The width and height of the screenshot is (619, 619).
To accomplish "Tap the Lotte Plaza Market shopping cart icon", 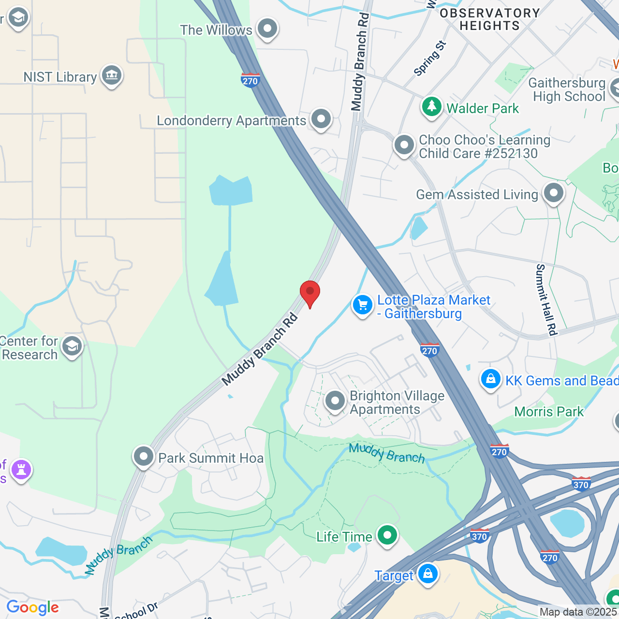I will click(x=362, y=305).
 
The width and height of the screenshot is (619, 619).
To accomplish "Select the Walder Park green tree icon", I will click(x=432, y=107).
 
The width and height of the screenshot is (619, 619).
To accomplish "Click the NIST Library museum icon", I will click(x=112, y=75).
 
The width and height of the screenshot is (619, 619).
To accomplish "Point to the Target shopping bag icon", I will click(x=427, y=574).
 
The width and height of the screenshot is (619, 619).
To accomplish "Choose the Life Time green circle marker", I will click(x=387, y=535).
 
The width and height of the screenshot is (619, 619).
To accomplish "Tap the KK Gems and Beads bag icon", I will click(x=491, y=379).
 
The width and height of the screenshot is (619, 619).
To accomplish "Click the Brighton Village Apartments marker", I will click(x=335, y=401).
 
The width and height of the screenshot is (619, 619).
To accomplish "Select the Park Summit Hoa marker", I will click(x=144, y=457).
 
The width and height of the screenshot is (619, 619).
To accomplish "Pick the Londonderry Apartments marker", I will click(x=321, y=119).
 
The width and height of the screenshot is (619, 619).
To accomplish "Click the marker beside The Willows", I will click(x=267, y=29).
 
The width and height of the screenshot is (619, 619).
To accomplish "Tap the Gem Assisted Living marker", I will click(x=554, y=193).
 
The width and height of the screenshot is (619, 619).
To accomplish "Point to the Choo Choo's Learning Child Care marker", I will click(x=404, y=145).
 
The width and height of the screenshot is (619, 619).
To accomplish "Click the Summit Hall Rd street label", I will click(x=547, y=300).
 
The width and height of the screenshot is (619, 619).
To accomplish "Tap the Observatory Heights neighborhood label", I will click(x=489, y=19).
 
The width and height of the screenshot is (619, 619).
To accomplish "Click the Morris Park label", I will click(x=549, y=412).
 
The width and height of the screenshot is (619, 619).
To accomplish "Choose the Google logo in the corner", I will click(x=33, y=607).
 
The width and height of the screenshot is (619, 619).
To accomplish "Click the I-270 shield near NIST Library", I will click(x=250, y=80).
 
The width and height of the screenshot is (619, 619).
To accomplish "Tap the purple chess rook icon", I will click(x=21, y=469).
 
